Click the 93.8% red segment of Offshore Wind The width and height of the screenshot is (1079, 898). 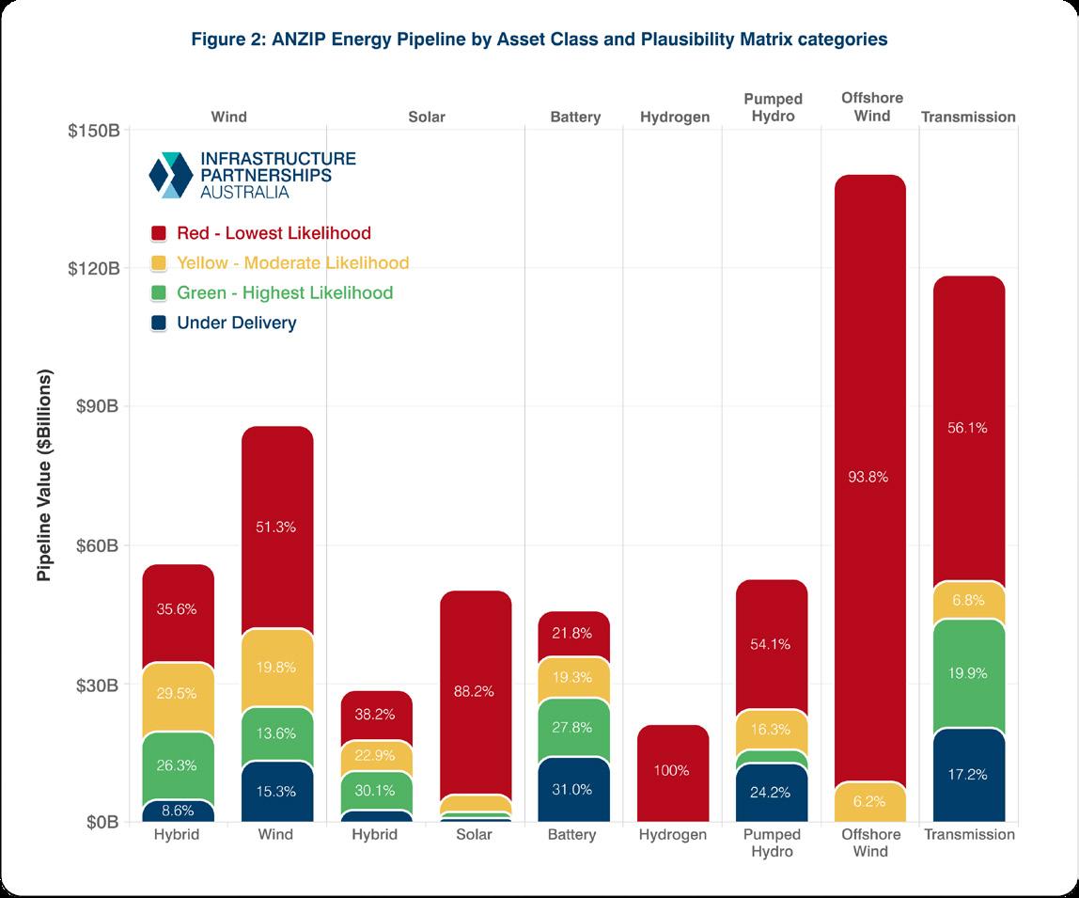[x=870, y=477]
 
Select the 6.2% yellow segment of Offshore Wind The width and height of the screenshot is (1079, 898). [x=870, y=802]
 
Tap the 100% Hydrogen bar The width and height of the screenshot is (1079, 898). [x=673, y=771]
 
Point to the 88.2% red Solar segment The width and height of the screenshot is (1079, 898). [x=476, y=691]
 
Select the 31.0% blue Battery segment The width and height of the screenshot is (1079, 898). [x=574, y=790]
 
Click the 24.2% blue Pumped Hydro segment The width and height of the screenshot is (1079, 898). [x=772, y=793]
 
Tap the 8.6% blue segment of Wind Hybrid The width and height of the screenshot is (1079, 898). [x=179, y=809]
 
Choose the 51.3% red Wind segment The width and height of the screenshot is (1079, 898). [x=277, y=527]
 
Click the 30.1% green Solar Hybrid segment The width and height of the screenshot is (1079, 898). [x=376, y=790]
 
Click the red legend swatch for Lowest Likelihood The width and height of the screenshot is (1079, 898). [x=159, y=233]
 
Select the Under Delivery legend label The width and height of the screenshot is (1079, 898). [x=236, y=323]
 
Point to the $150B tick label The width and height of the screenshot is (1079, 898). [x=93, y=130]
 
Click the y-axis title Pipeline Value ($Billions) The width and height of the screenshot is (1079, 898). [x=45, y=476]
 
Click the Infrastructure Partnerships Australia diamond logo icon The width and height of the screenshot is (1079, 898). [x=171, y=174]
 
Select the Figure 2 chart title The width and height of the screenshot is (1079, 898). [x=539, y=39]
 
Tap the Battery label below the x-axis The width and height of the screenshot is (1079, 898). [x=574, y=835]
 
